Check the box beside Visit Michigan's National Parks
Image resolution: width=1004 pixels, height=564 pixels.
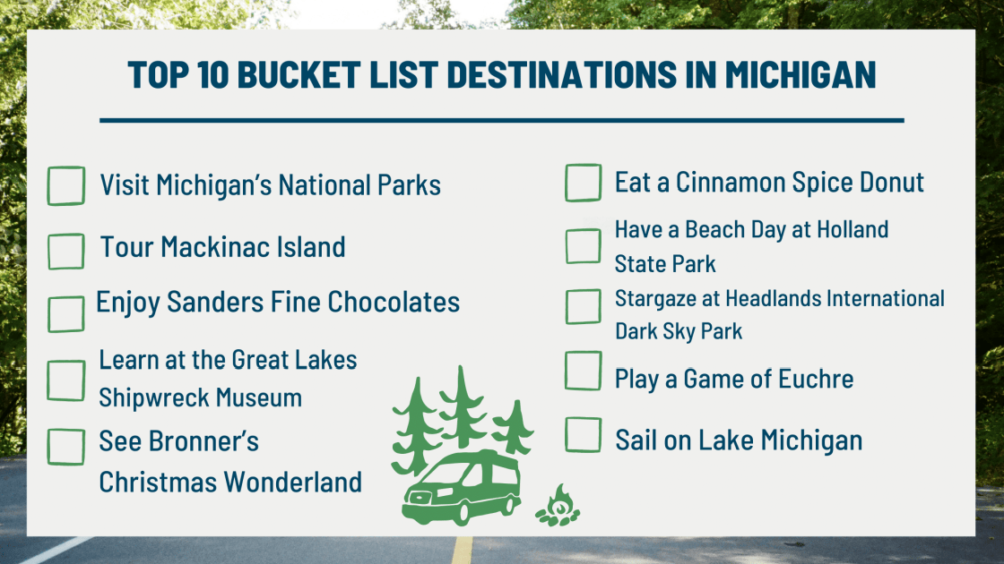[65, 185]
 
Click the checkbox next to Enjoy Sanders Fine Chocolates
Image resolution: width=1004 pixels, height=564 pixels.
[65, 313]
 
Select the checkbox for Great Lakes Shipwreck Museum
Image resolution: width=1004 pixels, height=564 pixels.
[65, 380]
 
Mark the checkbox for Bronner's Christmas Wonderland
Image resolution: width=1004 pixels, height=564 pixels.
[65, 447]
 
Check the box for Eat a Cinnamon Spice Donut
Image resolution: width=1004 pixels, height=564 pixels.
[583, 183]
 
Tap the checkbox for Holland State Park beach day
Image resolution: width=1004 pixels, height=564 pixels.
[583, 246]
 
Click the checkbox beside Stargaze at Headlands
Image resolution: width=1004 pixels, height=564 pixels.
[583, 306]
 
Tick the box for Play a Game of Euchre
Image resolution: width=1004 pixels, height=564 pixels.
[583, 371]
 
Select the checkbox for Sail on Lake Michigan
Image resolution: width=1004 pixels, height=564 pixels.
[583, 435]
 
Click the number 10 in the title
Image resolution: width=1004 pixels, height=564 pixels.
[203, 76]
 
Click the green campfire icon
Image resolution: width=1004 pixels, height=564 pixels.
[558, 507]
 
